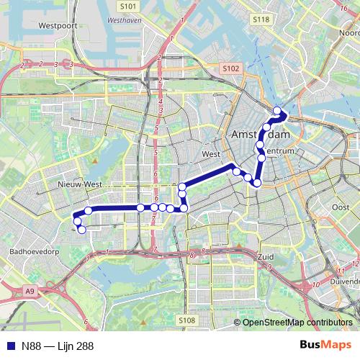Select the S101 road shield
pos(128,6)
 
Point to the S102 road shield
pos(230,68)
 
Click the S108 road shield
pos(186,320)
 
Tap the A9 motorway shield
pos(30,291)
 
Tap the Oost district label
pos(341,207)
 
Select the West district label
pos(211,154)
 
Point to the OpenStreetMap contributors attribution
pos(297,323)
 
